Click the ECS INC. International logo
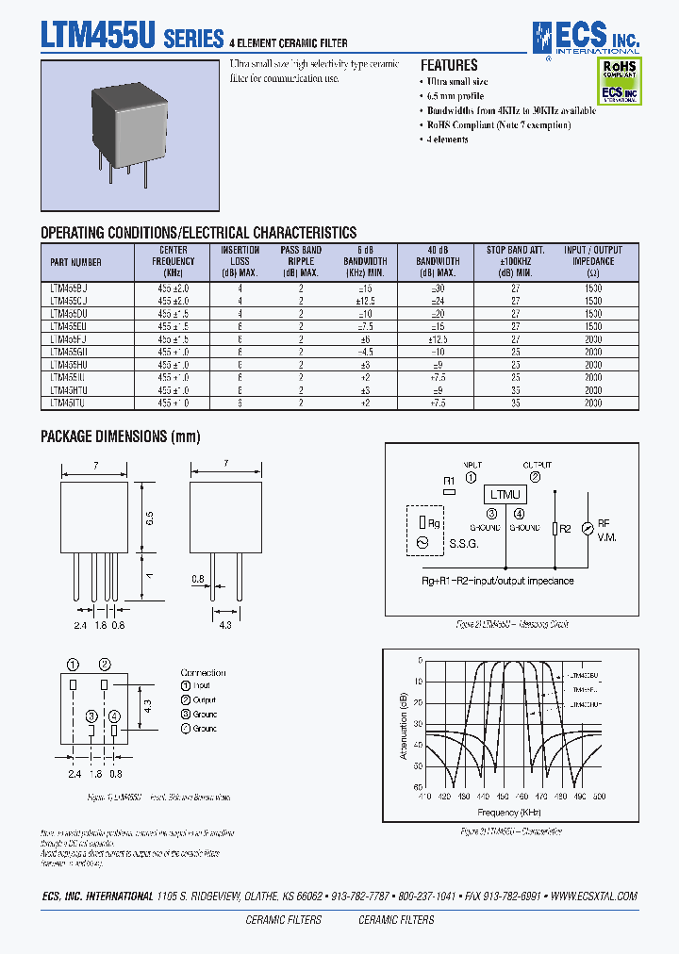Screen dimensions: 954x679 [x=585, y=37]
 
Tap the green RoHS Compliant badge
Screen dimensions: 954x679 [x=619, y=70]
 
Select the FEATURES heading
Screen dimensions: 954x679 [x=448, y=66]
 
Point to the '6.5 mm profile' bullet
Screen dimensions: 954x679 [x=458, y=96]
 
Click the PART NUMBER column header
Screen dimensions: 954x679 [x=76, y=262]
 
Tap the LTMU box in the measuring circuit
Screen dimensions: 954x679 [x=506, y=495]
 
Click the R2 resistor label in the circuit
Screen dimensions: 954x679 [x=565, y=529]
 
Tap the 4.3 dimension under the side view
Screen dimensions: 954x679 [x=225, y=624]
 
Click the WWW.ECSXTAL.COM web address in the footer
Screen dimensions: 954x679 [x=593, y=896]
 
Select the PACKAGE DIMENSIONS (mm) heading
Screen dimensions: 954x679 [x=120, y=436]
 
